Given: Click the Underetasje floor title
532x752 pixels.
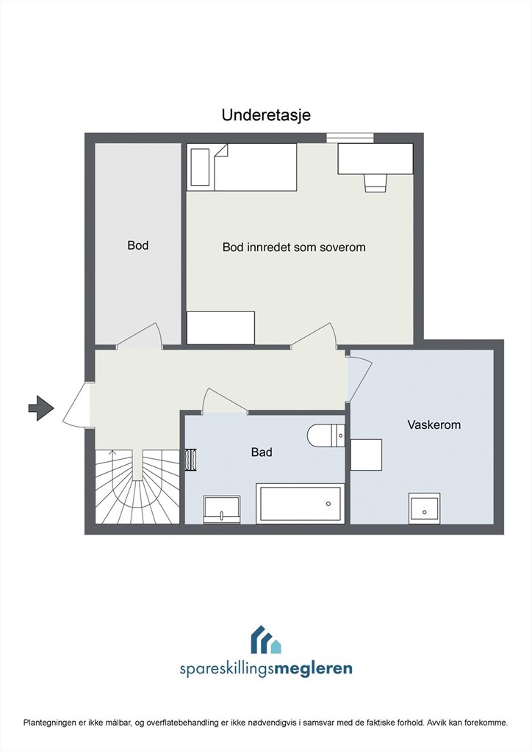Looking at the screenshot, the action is click(266, 115).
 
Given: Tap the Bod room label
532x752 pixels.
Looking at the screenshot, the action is click(137, 245).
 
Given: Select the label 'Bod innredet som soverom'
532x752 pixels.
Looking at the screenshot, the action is click(294, 247).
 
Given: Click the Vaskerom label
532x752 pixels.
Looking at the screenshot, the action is click(434, 424).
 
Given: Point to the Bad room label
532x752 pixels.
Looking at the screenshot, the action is click(262, 452).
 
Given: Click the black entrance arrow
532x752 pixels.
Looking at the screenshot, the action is click(41, 408).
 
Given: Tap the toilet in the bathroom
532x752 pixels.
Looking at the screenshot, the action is click(326, 435).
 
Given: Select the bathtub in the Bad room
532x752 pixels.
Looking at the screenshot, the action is click(301, 504).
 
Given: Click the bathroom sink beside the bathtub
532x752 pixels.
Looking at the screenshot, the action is click(222, 510).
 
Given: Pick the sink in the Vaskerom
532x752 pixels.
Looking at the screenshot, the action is click(425, 508).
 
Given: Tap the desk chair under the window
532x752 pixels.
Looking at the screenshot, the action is click(375, 183).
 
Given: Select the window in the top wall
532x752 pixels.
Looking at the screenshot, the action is click(351, 137).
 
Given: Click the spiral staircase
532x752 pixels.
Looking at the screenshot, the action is click(137, 486).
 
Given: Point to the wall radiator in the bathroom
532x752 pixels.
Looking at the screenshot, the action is click(191, 460).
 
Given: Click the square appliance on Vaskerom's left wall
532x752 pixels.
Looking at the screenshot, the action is click(366, 455).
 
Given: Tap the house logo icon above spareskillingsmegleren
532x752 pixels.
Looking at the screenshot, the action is click(266, 640).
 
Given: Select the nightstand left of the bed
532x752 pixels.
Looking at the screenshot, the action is click(200, 167).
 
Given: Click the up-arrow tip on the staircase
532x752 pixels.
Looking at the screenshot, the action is click(112, 450).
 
